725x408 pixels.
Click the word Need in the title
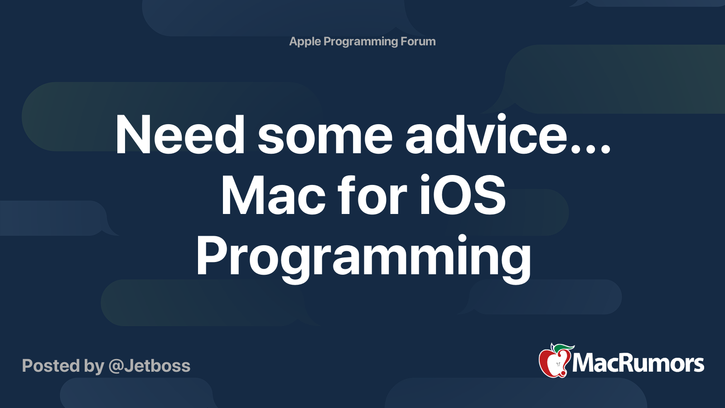[180, 135]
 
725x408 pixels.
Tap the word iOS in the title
[462, 196]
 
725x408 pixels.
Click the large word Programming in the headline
[363, 257]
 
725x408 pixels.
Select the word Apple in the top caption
[305, 42]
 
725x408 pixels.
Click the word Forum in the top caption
[418, 42]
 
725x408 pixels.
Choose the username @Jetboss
[150, 366]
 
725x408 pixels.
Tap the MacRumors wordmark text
[638, 364]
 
